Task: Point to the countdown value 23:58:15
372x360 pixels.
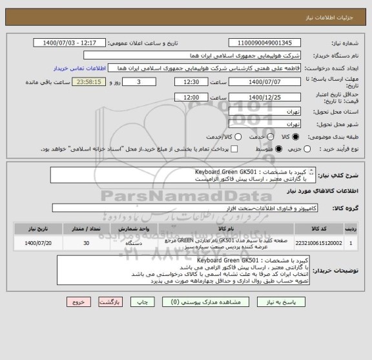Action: click(x=105, y=82)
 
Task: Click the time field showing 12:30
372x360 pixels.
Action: click(x=191, y=82)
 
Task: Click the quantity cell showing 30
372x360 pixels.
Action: click(x=87, y=243)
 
